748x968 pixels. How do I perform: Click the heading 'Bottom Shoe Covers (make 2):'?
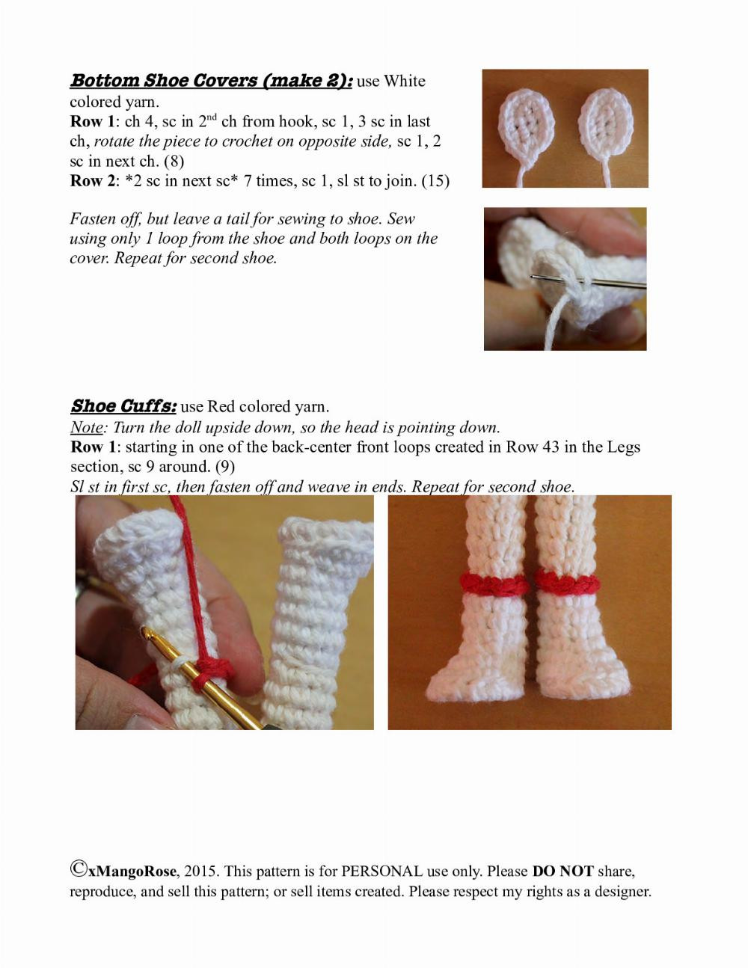(x=211, y=81)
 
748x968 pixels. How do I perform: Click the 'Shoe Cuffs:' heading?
(x=123, y=406)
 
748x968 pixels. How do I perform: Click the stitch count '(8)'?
(x=174, y=161)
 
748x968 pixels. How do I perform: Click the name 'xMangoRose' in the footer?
(x=132, y=871)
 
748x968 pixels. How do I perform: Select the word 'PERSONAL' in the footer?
(x=381, y=871)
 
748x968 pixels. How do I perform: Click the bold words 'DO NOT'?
(x=562, y=871)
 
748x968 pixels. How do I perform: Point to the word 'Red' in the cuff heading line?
(x=221, y=407)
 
